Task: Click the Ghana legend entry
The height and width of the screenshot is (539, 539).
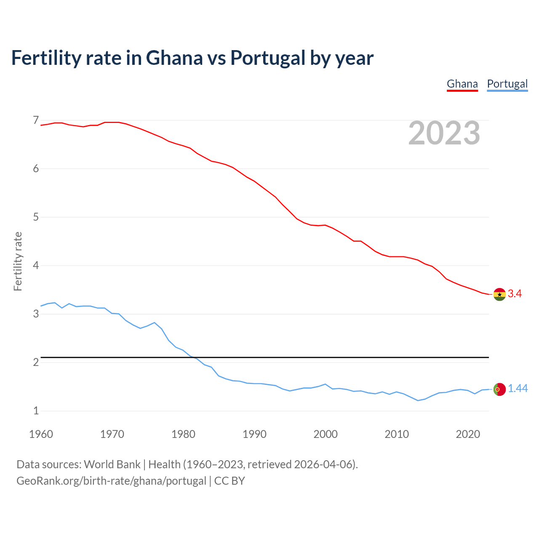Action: pyautogui.click(x=462, y=84)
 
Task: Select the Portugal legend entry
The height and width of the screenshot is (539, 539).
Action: pyautogui.click(x=507, y=84)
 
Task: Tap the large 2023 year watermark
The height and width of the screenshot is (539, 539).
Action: pyautogui.click(x=444, y=133)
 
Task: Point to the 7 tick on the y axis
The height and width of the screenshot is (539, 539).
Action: pyautogui.click(x=36, y=120)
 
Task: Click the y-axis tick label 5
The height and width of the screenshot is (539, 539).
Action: pyautogui.click(x=36, y=217)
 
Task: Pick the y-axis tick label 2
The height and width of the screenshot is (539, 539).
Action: pyautogui.click(x=36, y=363)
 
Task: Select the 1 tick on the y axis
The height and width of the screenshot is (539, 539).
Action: pyautogui.click(x=36, y=411)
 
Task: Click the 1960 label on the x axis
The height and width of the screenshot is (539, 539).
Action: pyautogui.click(x=41, y=434)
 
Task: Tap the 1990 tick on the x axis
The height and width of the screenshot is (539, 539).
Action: pyautogui.click(x=254, y=434)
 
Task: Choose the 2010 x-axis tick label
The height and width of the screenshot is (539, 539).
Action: pyautogui.click(x=397, y=434)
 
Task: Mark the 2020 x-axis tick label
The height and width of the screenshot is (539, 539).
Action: pyautogui.click(x=468, y=434)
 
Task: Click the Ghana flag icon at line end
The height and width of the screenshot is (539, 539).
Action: pyautogui.click(x=499, y=294)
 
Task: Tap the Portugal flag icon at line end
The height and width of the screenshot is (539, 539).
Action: pyautogui.click(x=499, y=390)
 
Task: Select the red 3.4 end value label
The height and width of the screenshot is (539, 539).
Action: pyautogui.click(x=515, y=294)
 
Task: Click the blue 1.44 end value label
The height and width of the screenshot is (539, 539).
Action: pyautogui.click(x=518, y=389)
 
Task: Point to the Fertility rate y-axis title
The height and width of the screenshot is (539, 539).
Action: pyautogui.click(x=18, y=261)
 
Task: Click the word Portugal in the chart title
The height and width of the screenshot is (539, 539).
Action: pyautogui.click(x=267, y=58)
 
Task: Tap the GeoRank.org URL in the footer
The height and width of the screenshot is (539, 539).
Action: pyautogui.click(x=111, y=481)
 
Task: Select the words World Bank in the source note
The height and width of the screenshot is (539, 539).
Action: pyautogui.click(x=112, y=464)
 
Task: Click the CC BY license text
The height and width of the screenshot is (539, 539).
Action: pyautogui.click(x=229, y=481)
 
